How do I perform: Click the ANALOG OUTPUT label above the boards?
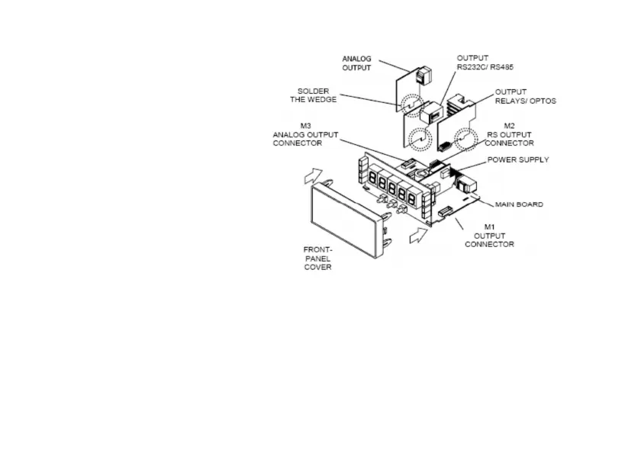click(x=356, y=63)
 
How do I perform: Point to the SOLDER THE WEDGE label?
click(x=313, y=96)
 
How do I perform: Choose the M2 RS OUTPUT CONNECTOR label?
click(x=509, y=134)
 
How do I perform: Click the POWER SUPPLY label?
click(x=517, y=160)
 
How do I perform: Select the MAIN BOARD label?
click(x=519, y=204)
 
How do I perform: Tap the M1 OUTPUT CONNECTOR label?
click(x=489, y=235)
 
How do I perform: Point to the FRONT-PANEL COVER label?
click(x=317, y=258)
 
